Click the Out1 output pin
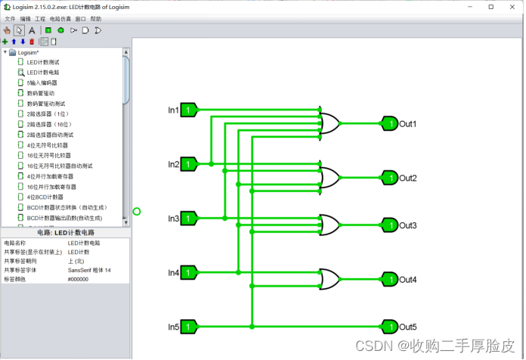[x=389, y=123]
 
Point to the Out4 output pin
[x=389, y=280]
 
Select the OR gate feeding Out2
[x=330, y=178]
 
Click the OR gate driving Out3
[x=330, y=225]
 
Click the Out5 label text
[x=408, y=327]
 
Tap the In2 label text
[x=173, y=164]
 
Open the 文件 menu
[x=10, y=18]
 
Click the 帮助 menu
[x=96, y=18]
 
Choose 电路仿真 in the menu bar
[x=60, y=18]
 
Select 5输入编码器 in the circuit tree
[x=42, y=82]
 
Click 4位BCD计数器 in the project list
[x=45, y=197]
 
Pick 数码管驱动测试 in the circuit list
[x=46, y=104]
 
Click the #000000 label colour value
[x=79, y=279]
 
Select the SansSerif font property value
[x=89, y=270]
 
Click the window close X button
[x=512, y=6]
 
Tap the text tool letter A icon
[x=32, y=30]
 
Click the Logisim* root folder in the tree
[x=28, y=52]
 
